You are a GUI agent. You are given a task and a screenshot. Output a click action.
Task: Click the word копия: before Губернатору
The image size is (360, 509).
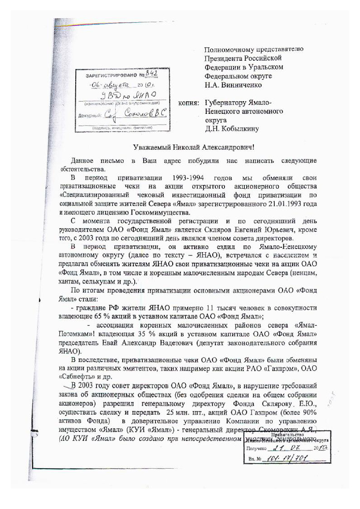tap(189, 103)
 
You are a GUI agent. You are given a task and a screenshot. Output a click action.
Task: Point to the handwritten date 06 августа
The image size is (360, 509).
tap(109, 85)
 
